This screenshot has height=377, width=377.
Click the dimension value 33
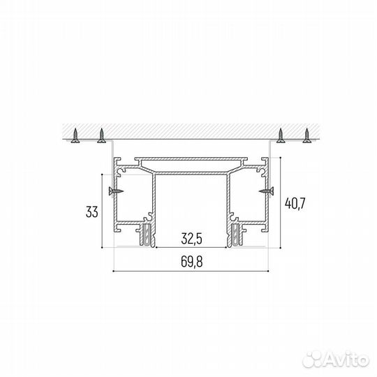click(x=91, y=212)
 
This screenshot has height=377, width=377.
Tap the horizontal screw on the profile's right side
click(x=265, y=189)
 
